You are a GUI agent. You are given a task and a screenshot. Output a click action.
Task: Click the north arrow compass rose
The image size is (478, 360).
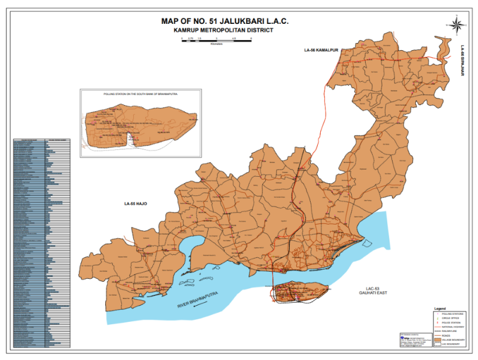click(x=456, y=24)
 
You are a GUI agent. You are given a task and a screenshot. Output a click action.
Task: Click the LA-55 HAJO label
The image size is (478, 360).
click(x=136, y=204)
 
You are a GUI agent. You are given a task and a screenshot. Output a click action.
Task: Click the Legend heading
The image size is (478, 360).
click(x=440, y=308)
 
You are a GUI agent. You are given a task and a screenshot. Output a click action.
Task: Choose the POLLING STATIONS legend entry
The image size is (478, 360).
click(x=452, y=313)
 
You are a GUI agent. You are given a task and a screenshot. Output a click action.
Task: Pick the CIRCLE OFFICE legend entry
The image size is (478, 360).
click(x=451, y=318)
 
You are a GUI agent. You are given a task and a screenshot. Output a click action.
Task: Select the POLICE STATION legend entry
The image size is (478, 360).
click(x=451, y=323)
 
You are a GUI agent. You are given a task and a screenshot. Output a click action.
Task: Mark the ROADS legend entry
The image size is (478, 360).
click(x=446, y=336)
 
